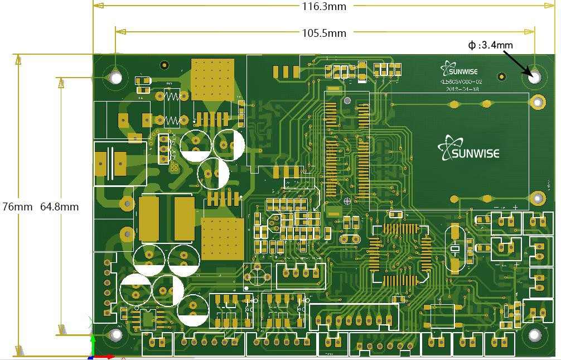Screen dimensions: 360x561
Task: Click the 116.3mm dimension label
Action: (x=323, y=6)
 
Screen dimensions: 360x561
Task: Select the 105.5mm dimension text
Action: (x=324, y=33)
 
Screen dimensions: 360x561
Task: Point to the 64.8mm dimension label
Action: (x=59, y=207)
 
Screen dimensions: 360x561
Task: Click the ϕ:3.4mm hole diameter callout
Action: (x=490, y=45)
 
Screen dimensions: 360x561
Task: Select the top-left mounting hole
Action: (x=115, y=77)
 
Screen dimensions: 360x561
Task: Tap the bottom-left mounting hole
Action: (x=115, y=335)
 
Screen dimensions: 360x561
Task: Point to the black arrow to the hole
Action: (x=516, y=63)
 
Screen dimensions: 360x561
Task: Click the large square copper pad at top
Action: (x=212, y=79)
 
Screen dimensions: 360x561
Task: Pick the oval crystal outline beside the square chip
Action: (x=454, y=248)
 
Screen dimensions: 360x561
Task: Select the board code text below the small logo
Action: (x=461, y=81)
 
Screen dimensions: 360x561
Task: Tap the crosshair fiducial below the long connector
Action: (x=347, y=200)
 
